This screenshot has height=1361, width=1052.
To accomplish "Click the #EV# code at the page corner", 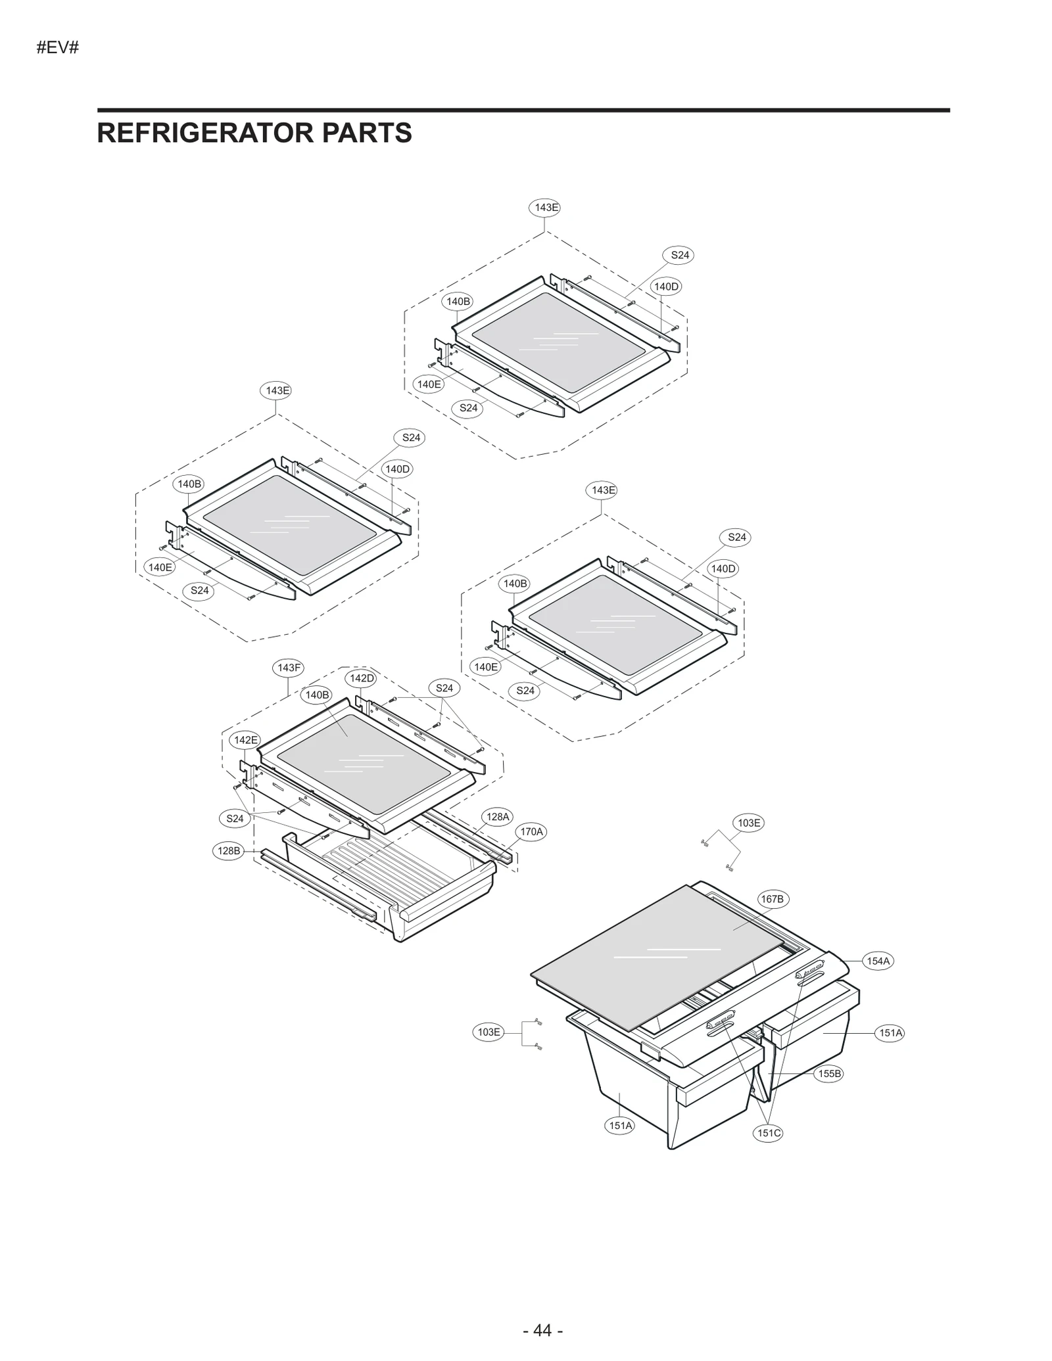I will [58, 48].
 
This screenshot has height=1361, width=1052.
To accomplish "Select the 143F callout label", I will [289, 668].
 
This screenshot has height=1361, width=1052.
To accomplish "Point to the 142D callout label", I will [361, 678].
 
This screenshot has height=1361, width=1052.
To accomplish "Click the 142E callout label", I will [245, 740].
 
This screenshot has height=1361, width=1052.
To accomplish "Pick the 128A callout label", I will [498, 817].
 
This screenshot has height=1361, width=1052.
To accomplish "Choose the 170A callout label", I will [532, 832].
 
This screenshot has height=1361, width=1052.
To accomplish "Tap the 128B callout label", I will [229, 851].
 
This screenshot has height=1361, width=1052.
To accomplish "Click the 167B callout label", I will [772, 899].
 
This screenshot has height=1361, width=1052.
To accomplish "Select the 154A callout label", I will [878, 961].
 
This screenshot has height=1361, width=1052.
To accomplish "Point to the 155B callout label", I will [829, 1074].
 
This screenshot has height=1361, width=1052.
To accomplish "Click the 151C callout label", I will [768, 1133].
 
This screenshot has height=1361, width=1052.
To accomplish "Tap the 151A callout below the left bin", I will [620, 1126].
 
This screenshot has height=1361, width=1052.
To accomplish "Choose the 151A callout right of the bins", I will [891, 1033].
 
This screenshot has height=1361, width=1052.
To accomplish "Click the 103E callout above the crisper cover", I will [748, 823].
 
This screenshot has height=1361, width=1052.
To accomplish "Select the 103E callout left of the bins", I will [489, 1032].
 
